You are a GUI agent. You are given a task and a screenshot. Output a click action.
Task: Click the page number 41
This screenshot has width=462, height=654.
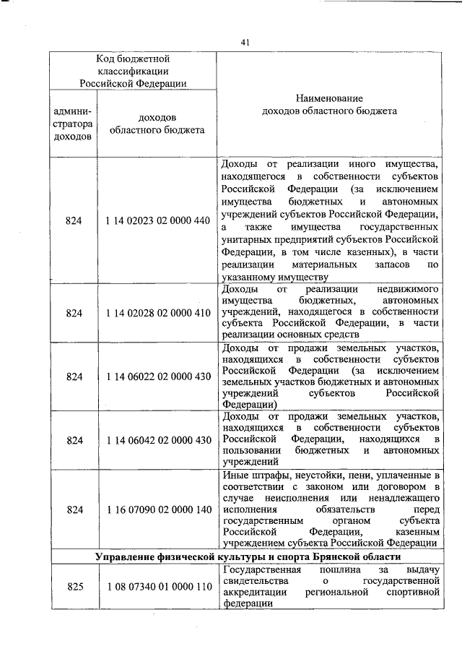[245, 43]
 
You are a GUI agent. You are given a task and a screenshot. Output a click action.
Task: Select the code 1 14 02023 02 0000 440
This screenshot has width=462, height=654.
[157, 220]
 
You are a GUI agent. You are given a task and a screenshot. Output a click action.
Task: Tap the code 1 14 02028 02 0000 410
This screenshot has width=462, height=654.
[157, 313]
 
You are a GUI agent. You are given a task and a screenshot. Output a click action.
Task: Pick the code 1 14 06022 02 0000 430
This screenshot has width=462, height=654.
[157, 377]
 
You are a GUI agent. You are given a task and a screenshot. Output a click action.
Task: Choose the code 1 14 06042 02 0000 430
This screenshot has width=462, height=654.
[157, 440]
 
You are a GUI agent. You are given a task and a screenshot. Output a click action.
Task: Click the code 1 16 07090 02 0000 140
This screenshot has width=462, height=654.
[157, 509]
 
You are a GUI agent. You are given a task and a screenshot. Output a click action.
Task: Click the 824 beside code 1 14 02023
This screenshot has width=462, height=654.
[74, 220]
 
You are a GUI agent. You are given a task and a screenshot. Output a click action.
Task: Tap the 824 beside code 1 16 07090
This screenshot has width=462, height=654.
[74, 509]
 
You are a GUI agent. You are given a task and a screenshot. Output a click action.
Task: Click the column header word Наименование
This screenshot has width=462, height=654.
[328, 98]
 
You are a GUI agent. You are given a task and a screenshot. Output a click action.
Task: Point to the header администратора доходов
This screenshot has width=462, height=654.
[73, 124]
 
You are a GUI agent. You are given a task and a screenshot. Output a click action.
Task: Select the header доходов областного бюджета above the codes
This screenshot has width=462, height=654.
[157, 124]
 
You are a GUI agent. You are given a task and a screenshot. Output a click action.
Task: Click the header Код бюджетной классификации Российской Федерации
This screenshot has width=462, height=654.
[133, 71]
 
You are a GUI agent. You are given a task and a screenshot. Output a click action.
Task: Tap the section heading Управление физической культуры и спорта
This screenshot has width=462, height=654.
[245, 558]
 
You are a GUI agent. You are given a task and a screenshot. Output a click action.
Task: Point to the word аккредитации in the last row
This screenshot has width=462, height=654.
[255, 593]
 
